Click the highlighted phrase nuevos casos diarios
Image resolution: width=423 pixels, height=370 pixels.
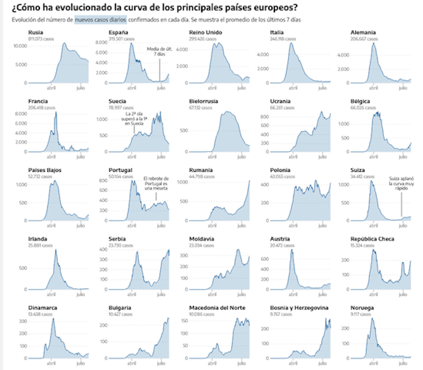102,20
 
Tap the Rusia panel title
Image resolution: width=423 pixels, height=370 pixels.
36,32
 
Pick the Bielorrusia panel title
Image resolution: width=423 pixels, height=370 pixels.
206,101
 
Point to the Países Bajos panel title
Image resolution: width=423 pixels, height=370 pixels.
44,170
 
